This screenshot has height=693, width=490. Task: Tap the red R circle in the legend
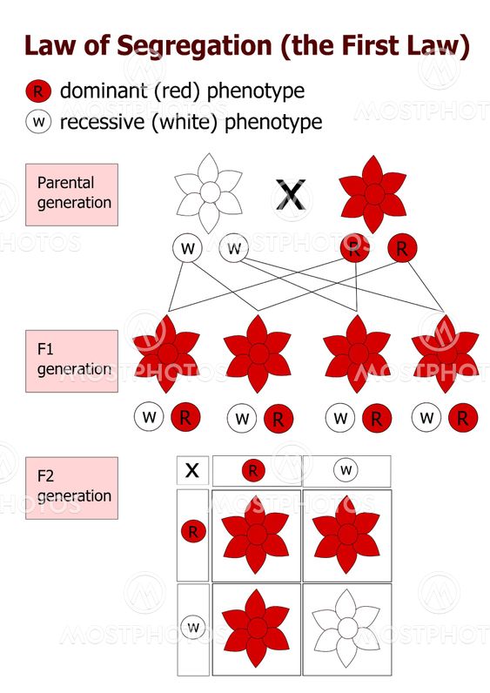(x=37, y=91)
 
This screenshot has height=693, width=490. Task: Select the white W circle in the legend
(x=37, y=121)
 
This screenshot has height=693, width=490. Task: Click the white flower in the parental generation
(x=209, y=192)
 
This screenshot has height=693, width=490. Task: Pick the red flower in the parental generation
(x=373, y=192)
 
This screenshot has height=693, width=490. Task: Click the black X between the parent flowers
(x=291, y=194)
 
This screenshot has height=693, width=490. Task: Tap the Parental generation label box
(x=71, y=194)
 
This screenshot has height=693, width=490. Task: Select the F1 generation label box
(x=71, y=360)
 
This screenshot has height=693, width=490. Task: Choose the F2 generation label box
(x=71, y=488)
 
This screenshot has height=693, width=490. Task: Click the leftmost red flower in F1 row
(x=166, y=353)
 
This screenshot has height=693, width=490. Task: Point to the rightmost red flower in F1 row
(x=445, y=353)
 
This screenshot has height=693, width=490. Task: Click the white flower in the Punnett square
(x=346, y=627)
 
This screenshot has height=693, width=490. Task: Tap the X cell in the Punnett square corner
(x=192, y=471)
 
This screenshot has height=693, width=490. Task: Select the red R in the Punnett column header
(x=253, y=471)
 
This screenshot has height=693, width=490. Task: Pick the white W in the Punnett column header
(x=346, y=471)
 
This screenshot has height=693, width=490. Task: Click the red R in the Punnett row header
(x=193, y=531)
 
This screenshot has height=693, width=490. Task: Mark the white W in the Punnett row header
(x=193, y=626)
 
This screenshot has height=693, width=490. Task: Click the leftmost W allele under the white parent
(x=186, y=249)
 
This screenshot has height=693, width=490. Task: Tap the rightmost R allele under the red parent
(x=401, y=250)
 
